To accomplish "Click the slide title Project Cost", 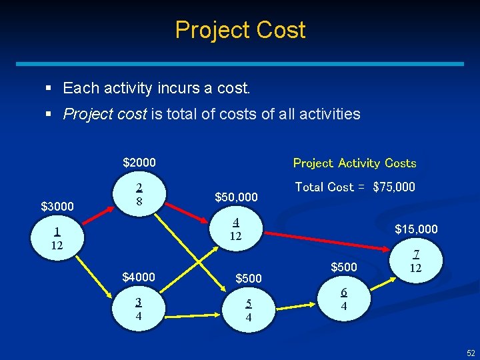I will tap(240, 30).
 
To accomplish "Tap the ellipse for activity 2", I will tap(139, 194).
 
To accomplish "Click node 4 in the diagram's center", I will tap(235, 229).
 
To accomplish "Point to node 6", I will tap(343, 299).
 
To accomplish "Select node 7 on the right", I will tap(416, 261).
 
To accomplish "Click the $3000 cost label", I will tap(57, 207).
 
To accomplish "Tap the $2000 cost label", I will tap(139, 163).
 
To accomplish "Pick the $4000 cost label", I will tap(139, 277).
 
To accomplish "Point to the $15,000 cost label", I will tap(416, 229).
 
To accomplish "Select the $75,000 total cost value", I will tap(394, 187).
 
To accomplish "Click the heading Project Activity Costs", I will tap(355, 163).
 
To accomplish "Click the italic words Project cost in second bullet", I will tap(105, 114).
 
